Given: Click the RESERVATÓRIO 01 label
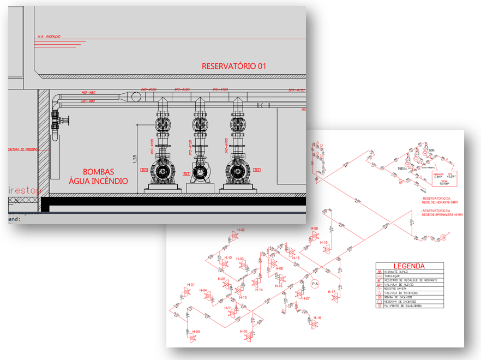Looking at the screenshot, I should pyautogui.click(x=234, y=66).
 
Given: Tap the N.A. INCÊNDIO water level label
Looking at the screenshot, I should pyautogui.click(x=49, y=37).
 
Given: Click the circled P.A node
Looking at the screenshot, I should pyautogui.click(x=315, y=284).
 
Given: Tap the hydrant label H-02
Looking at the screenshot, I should pyautogui.click(x=240, y=230).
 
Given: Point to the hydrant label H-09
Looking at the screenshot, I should pyautogui.click(x=195, y=332).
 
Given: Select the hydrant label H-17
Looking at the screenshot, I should pyautogui.click(x=332, y=292).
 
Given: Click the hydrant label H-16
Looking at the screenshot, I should pyautogui.click(x=317, y=317).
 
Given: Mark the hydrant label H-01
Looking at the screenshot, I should pyautogui.click(x=191, y=285).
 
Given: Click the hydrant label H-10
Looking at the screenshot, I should pyautogui.click(x=243, y=331).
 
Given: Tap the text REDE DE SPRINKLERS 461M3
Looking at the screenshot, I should pyautogui.click(x=442, y=214).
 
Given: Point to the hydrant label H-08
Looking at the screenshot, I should pyautogui.click(x=314, y=229).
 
